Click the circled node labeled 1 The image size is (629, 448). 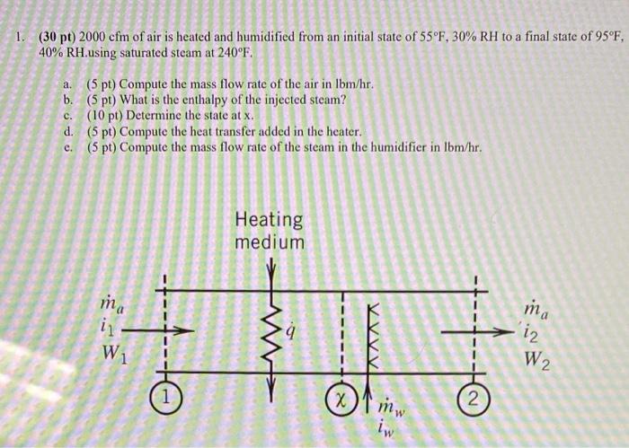coord(164,394)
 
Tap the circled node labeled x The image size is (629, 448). coord(341,395)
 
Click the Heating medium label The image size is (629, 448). coord(269,230)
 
